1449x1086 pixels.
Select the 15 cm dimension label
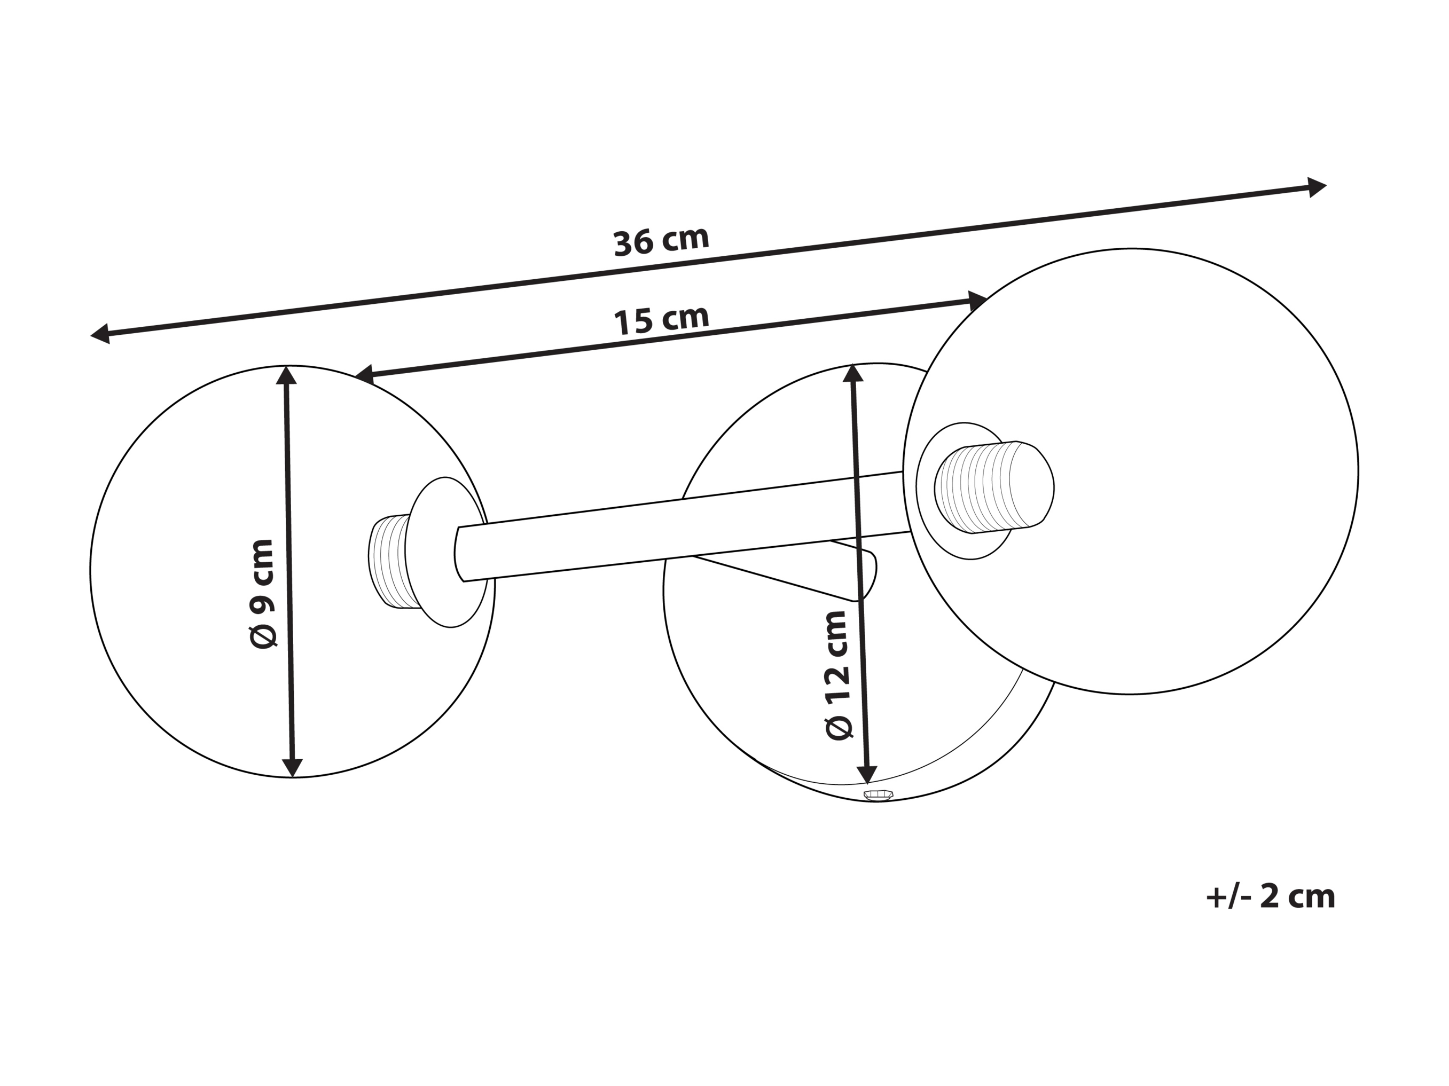click(661, 320)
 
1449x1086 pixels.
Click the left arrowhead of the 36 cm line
click(100, 334)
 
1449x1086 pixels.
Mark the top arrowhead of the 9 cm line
click(286, 375)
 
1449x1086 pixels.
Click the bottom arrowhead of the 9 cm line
click(292, 768)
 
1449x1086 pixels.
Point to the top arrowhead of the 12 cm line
click(853, 373)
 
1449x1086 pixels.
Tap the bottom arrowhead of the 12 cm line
click(867, 774)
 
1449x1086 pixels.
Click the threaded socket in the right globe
click(994, 487)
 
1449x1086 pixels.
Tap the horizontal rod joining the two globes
click(682, 526)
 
